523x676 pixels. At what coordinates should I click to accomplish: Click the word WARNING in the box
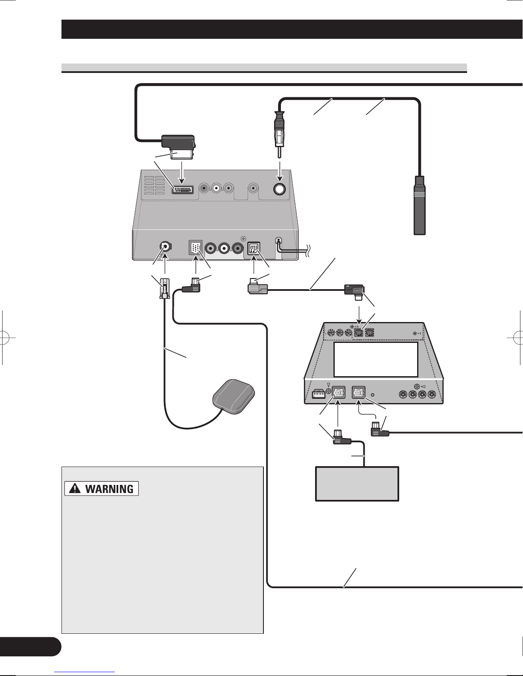(109, 489)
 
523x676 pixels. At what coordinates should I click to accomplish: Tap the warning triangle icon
(75, 489)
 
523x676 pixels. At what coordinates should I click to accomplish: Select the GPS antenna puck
(234, 396)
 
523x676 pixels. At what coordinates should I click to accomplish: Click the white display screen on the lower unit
(376, 360)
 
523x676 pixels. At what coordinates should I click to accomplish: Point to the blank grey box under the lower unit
(357, 483)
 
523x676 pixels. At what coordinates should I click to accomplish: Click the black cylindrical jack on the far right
(420, 205)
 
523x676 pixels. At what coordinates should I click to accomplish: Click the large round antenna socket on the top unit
(280, 189)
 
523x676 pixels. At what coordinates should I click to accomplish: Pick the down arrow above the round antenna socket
(280, 171)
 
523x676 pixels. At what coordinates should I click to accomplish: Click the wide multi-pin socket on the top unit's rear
(183, 190)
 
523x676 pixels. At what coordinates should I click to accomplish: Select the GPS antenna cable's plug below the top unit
(164, 288)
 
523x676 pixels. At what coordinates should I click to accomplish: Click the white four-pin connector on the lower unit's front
(318, 394)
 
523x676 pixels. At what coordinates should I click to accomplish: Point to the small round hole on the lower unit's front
(373, 395)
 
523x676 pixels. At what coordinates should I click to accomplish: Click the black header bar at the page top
(292, 29)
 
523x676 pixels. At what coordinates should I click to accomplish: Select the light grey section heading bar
(264, 67)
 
